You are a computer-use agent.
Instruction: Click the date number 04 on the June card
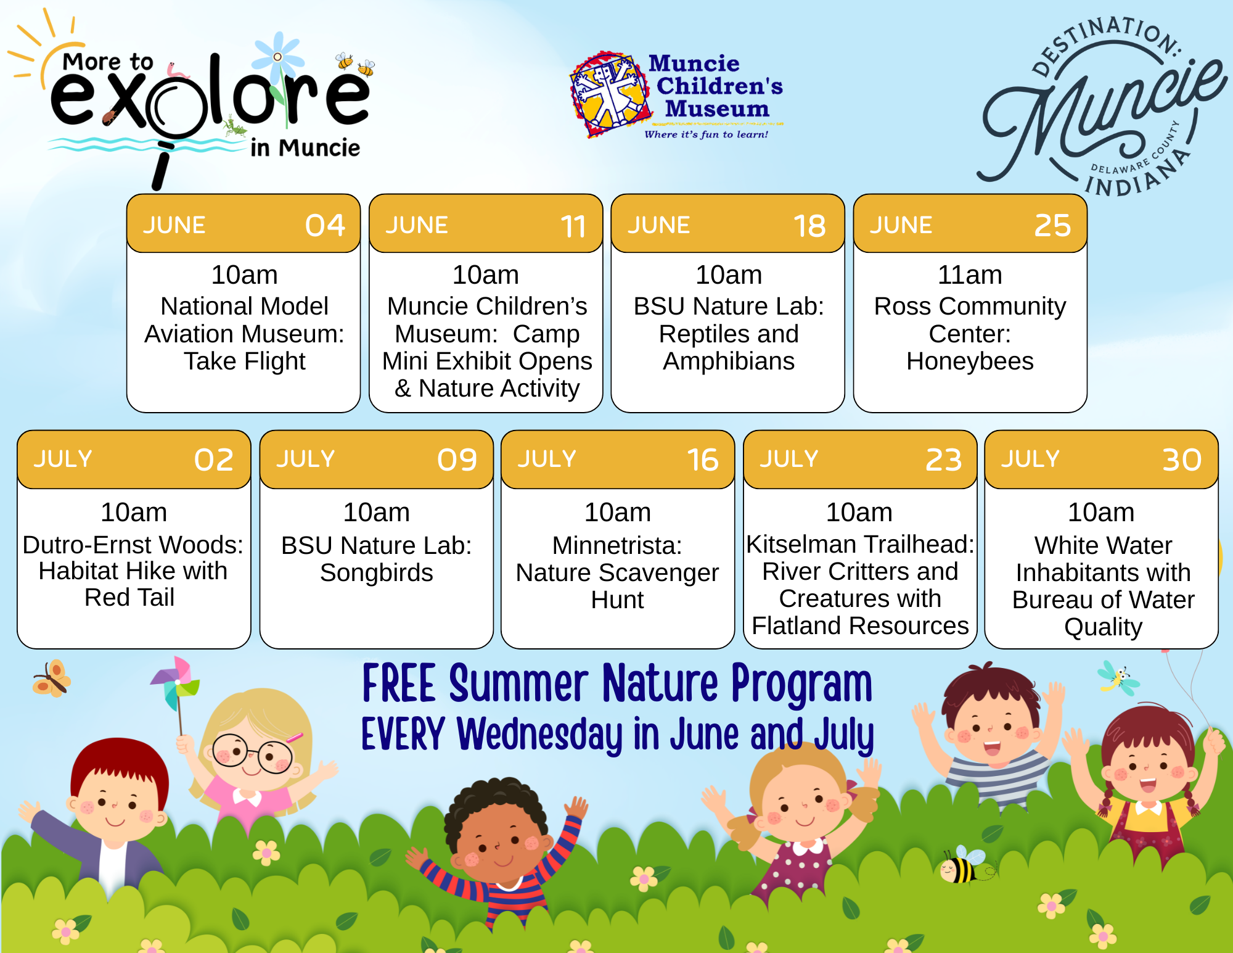click(x=325, y=225)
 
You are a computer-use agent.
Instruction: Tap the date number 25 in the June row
click(x=1052, y=225)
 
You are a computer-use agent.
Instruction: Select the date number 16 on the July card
click(x=703, y=460)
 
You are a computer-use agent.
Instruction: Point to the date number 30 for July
click(x=1182, y=460)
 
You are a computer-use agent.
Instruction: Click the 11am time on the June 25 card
click(x=970, y=275)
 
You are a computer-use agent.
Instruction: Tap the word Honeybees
click(x=970, y=361)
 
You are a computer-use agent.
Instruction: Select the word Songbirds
click(x=377, y=573)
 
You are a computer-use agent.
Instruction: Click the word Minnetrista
click(x=617, y=545)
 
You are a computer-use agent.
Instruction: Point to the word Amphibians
click(x=729, y=361)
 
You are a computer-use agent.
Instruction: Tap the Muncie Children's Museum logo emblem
click(x=610, y=94)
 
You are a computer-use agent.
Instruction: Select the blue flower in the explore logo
click(x=278, y=59)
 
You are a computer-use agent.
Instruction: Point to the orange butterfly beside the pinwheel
click(x=52, y=679)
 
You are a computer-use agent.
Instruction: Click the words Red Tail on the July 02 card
click(x=129, y=597)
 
